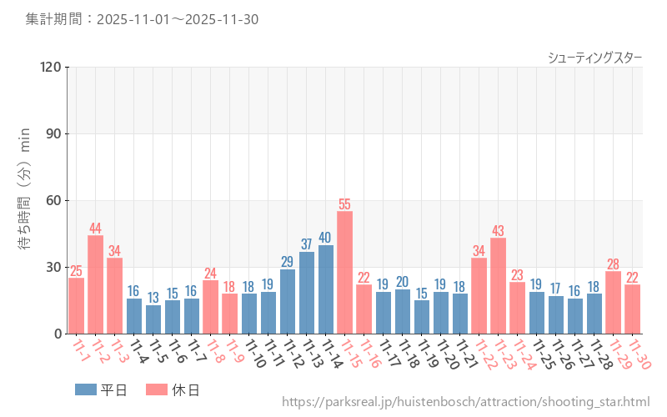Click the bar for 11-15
344,273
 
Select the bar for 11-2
96,284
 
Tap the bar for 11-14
325,289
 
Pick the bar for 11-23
499,286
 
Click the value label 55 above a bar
344,204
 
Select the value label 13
153,298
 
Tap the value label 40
325,238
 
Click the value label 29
287,262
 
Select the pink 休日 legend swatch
157,389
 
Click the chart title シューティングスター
594,58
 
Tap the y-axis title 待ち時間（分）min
26,200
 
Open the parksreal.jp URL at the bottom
465,402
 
